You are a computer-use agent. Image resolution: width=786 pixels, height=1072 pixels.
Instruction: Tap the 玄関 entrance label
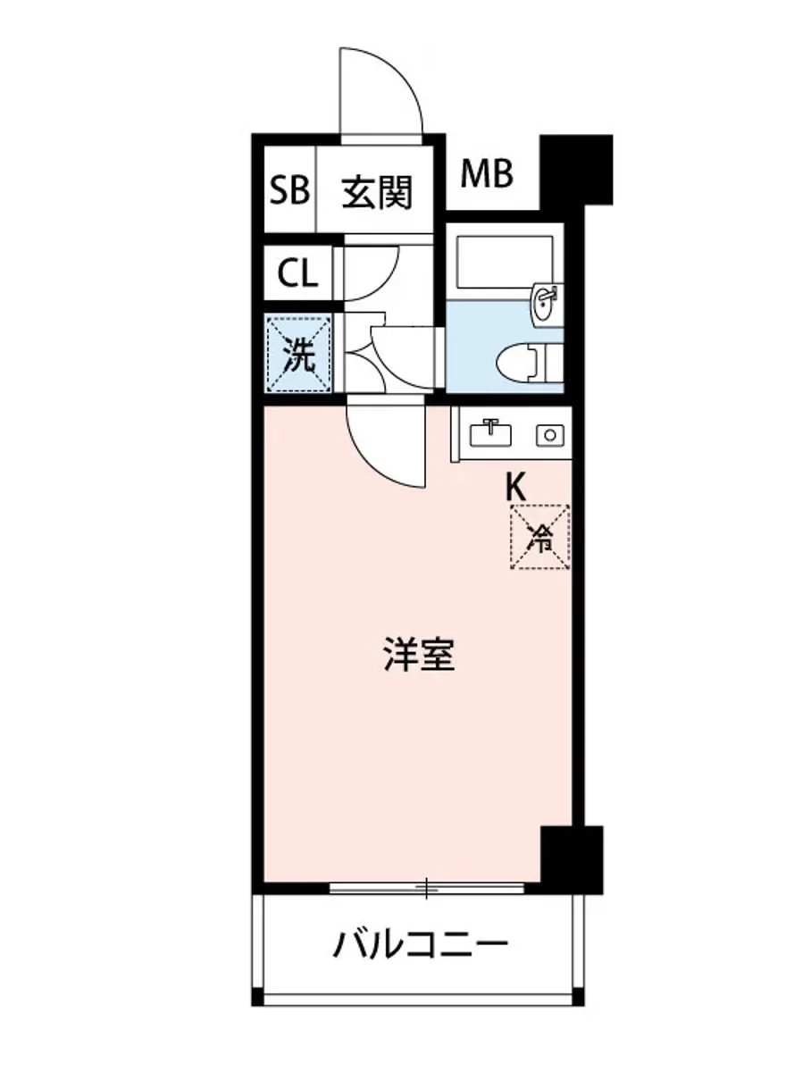(378, 191)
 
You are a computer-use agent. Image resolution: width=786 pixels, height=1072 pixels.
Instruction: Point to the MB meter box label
(487, 174)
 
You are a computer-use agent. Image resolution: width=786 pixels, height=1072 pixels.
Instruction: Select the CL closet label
(297, 273)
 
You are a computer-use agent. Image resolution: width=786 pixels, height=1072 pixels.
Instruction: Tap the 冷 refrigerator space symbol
(540, 537)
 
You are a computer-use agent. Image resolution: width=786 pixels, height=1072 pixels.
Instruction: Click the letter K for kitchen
(515, 488)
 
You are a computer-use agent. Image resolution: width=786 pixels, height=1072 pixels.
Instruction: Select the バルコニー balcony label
(421, 944)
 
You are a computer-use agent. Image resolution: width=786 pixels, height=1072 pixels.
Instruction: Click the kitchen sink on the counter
(490, 432)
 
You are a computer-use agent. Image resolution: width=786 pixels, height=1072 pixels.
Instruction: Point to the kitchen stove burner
(549, 435)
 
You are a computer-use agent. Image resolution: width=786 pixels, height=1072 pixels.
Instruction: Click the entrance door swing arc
(389, 89)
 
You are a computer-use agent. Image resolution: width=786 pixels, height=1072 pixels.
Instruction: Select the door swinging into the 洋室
(384, 442)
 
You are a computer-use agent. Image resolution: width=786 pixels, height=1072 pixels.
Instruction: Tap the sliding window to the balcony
(427, 888)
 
